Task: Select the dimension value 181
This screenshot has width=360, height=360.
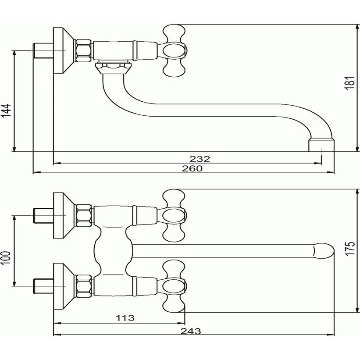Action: coord(350,83)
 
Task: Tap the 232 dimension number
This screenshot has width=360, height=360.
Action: coord(200,159)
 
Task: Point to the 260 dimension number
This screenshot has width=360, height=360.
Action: coord(192,168)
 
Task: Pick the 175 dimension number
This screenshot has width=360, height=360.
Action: coord(350,249)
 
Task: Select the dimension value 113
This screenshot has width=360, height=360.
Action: coord(125,318)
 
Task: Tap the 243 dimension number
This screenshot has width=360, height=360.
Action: coord(191,331)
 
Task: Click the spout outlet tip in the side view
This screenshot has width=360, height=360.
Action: coord(321,145)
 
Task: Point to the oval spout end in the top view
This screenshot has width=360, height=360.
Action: coord(323,251)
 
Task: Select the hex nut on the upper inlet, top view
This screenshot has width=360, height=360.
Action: coord(84,216)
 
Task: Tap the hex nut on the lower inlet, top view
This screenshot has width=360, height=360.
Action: coord(84,286)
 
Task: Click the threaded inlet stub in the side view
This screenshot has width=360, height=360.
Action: coord(43,50)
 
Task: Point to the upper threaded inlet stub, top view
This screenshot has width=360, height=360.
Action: coord(43,216)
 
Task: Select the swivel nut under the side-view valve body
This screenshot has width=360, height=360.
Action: coord(114,67)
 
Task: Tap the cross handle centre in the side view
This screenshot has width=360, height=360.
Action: coord(174,50)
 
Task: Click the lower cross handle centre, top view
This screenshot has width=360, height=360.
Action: coord(174,286)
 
